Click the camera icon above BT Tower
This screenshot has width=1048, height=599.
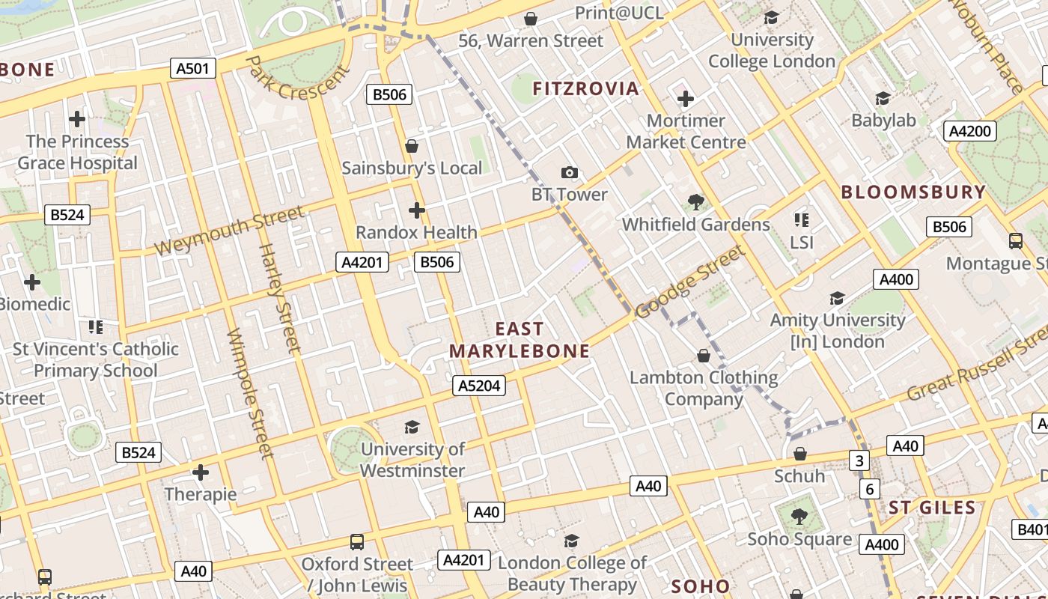point(570,173)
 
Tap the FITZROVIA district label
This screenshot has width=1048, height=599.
point(585,88)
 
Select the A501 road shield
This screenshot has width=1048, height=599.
point(192,69)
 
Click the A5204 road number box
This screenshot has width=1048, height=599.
point(479,386)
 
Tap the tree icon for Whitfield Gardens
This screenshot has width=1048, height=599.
point(695,201)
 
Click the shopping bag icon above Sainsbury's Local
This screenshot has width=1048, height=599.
point(411,146)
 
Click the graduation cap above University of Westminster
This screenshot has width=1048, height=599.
point(412,427)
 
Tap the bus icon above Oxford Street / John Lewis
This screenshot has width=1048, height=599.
point(357,541)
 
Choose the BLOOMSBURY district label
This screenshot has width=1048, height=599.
point(913,192)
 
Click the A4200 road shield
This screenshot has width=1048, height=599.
point(969,131)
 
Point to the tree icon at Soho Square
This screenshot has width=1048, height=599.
point(799,516)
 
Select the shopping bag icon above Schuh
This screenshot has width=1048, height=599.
point(799,454)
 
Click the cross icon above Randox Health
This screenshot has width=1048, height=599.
point(417,210)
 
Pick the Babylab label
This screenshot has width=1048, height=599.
point(883,121)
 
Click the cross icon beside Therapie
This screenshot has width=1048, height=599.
point(200,472)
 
